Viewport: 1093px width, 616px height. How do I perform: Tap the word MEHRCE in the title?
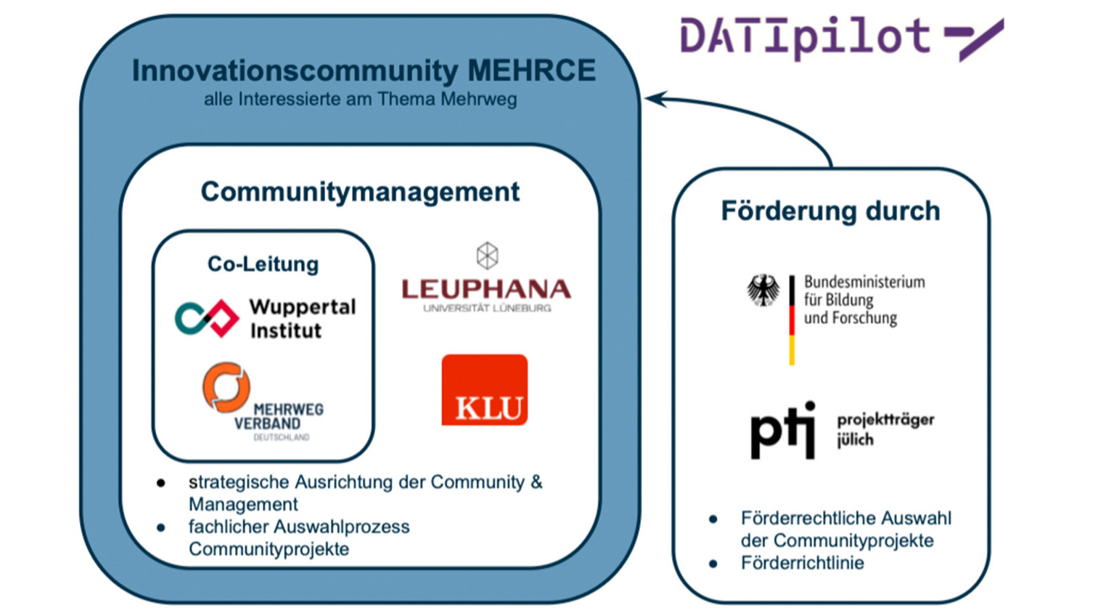pos(531,70)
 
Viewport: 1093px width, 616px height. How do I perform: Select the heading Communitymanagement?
pos(360,192)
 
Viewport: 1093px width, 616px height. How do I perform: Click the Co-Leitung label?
pos(263,264)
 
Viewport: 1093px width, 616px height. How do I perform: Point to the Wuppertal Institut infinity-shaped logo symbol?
pos(207,318)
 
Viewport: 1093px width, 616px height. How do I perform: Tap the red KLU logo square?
pos(485,390)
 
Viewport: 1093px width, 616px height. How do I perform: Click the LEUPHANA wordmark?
pos(486,289)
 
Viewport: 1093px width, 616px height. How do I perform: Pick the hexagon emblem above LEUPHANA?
pos(487,256)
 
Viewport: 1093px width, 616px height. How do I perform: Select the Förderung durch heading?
pos(830,211)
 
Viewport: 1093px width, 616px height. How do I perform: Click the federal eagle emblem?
pos(764,290)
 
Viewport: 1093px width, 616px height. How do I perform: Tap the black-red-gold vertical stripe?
pos(792,320)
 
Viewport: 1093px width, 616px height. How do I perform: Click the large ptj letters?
pos(783,430)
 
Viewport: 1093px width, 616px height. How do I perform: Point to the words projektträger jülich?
pos(885,430)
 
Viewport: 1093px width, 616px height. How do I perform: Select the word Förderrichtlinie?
pos(802,563)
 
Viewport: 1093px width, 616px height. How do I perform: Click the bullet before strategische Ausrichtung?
pos(160,483)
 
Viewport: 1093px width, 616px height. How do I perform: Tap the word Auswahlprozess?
pos(342,527)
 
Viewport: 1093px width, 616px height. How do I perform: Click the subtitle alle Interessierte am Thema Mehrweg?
pos(360,100)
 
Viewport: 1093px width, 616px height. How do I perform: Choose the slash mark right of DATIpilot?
pos(974,39)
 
